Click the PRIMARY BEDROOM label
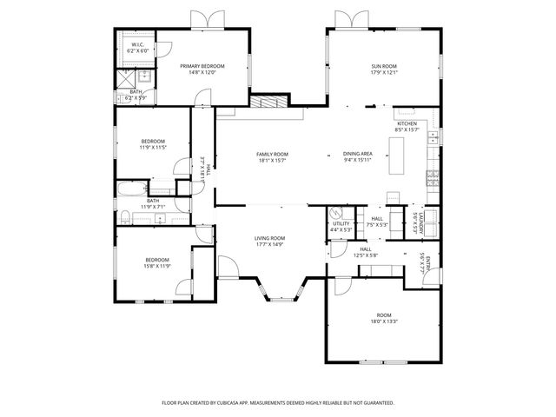point(202,67)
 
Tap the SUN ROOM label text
point(383,67)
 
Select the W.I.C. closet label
point(137,45)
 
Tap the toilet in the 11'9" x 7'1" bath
point(125,216)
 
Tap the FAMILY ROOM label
point(272,155)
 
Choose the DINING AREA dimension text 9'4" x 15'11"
point(357,160)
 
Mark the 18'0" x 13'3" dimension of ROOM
point(384,321)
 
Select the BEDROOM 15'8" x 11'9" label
point(156,260)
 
